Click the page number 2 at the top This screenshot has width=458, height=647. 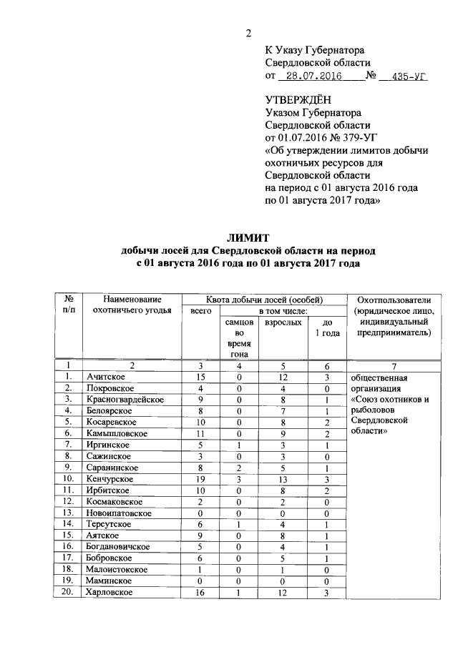coord(248,33)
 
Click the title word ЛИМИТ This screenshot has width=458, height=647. coord(248,238)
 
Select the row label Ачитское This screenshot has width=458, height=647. coord(105,376)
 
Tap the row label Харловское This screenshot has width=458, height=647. coord(111,592)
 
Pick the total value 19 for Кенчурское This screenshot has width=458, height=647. coord(200,478)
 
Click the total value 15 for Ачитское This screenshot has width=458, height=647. coord(200,376)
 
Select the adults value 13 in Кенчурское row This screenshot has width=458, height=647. coord(284,478)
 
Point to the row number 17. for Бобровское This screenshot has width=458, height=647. coord(69,558)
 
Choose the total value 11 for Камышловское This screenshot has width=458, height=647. coord(200,433)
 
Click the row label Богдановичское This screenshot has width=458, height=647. coord(118,546)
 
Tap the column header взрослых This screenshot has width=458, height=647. coord(283,323)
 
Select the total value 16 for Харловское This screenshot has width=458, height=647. coord(200,592)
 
